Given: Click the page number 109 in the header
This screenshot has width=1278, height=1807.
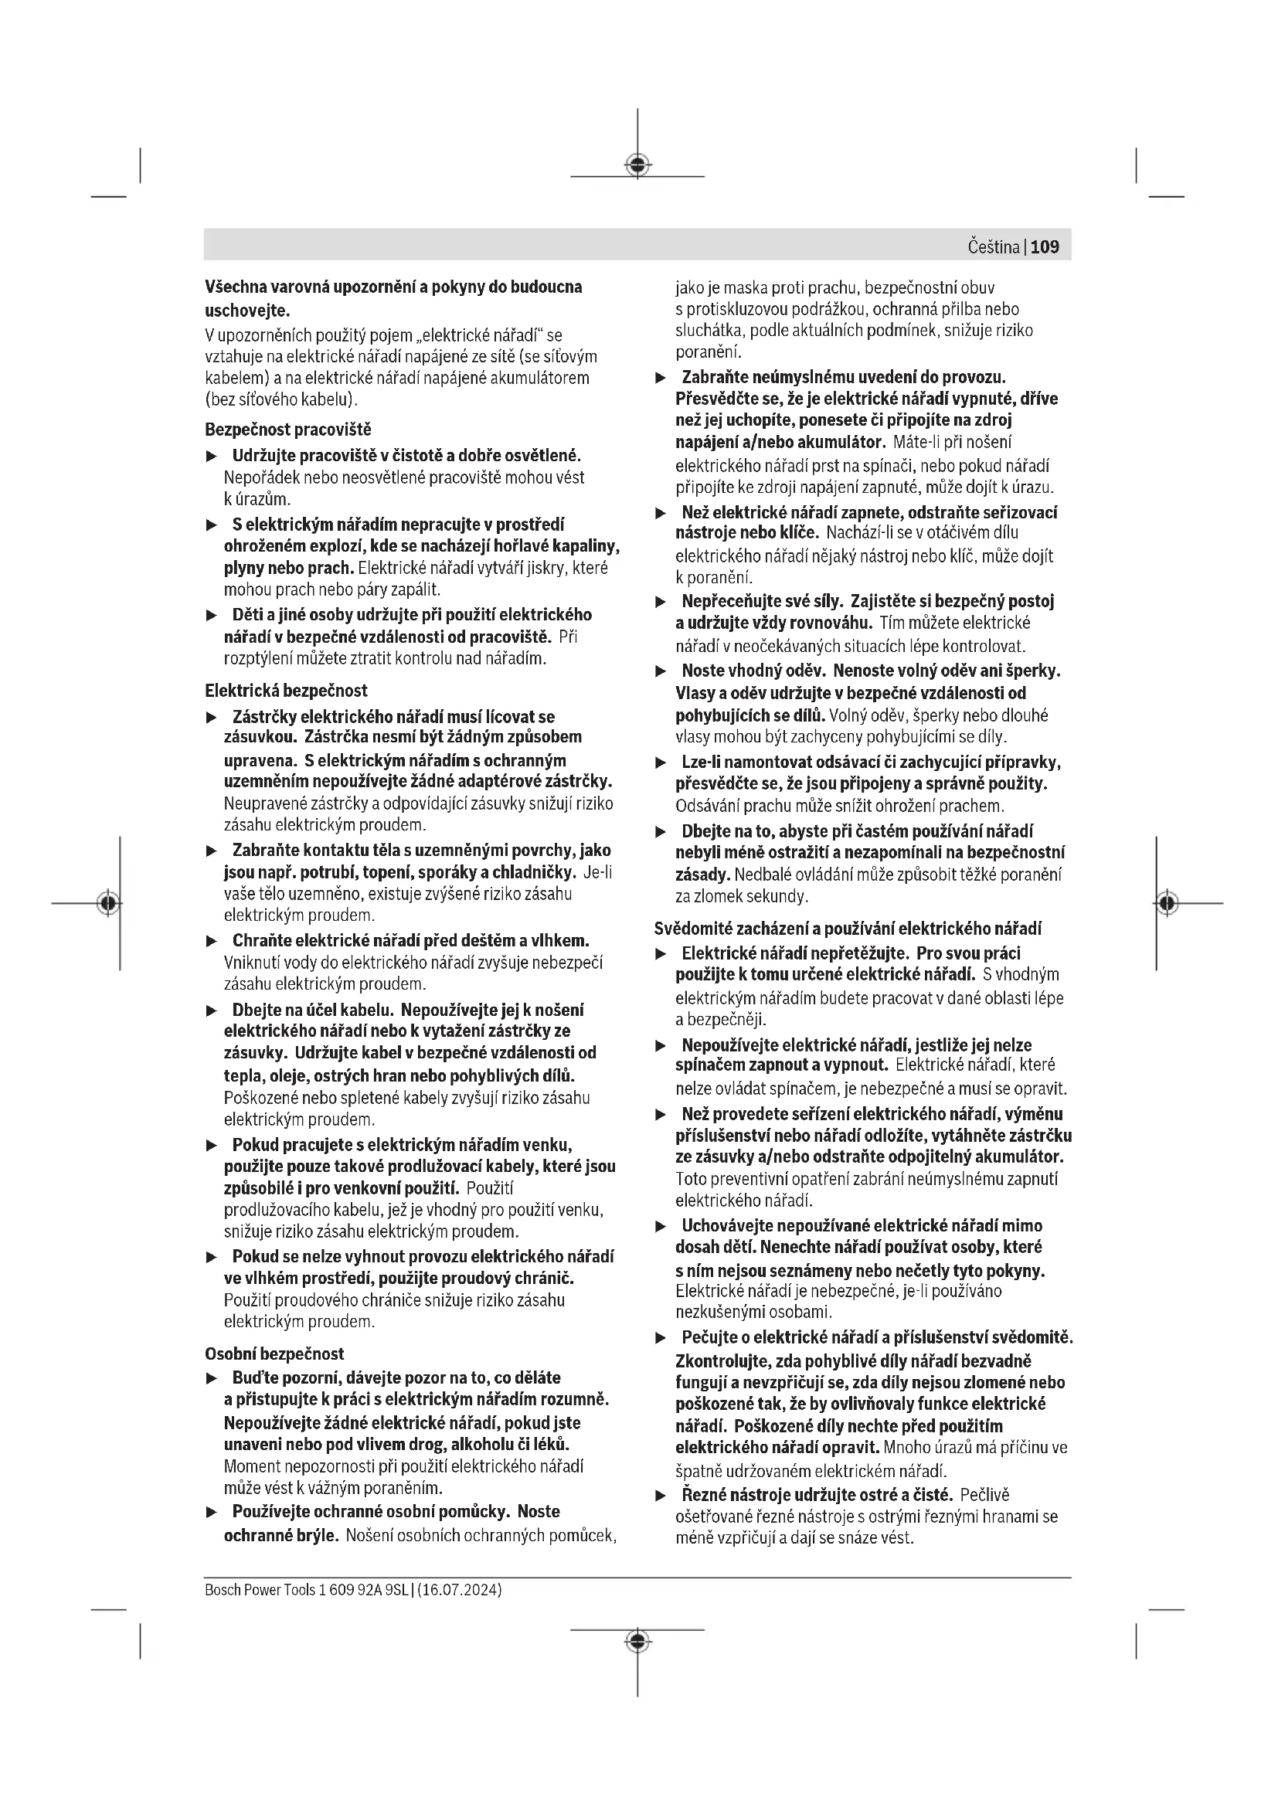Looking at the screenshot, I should pyautogui.click(x=1045, y=247).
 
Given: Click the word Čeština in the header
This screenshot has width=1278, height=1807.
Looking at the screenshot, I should pyautogui.click(x=993, y=247).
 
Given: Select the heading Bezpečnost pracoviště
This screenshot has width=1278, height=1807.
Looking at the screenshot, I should pyautogui.click(x=288, y=430).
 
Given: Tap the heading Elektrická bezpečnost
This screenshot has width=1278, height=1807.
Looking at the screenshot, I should pyautogui.click(x=286, y=690).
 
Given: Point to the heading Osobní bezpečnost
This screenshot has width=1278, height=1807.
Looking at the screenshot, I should pyautogui.click(x=274, y=1354).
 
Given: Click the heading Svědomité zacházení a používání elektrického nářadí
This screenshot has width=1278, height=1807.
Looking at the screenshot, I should pyautogui.click(x=848, y=929).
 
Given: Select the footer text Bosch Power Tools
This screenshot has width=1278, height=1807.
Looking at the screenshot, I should pyautogui.click(x=260, y=1589).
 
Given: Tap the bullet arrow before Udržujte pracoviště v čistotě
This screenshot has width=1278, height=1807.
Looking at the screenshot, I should pyautogui.click(x=211, y=457).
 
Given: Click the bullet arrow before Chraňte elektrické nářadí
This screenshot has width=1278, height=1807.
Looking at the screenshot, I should pyautogui.click(x=211, y=941).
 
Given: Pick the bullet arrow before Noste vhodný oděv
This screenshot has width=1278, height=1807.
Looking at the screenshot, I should pyautogui.click(x=661, y=672).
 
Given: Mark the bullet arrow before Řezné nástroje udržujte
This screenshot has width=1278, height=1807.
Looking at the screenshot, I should pyautogui.click(x=661, y=1496).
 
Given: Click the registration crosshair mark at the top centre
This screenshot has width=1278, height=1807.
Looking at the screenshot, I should pyautogui.click(x=637, y=165).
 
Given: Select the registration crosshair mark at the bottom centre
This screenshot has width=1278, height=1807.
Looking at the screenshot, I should pyautogui.click(x=637, y=1641).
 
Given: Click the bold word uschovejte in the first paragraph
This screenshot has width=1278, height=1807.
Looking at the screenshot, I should pyautogui.click(x=247, y=310).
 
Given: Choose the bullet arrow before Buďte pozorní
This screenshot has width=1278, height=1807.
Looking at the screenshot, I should pyautogui.click(x=211, y=1379).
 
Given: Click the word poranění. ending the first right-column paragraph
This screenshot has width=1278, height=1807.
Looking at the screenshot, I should pyautogui.click(x=709, y=352).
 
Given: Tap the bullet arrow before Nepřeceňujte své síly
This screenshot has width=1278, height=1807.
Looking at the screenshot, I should pyautogui.click(x=661, y=603).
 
